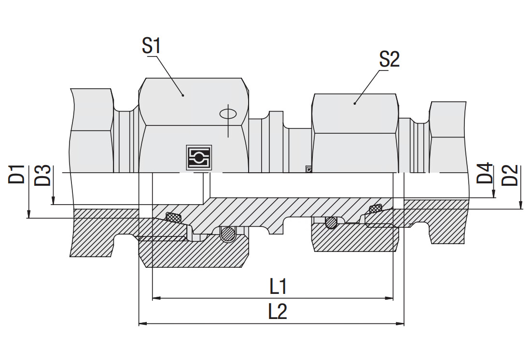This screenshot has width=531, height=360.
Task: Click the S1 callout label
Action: tap(151, 46)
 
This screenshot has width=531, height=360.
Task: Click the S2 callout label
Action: tap(389, 59)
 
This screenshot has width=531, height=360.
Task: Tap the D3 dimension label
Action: tap(43, 175)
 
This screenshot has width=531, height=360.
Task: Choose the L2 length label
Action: tap(278, 312)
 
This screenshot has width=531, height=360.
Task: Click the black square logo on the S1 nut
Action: tap(199, 157)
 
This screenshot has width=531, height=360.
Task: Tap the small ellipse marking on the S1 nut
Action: tap(227, 113)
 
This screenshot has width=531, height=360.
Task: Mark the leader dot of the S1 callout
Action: tap(183, 95)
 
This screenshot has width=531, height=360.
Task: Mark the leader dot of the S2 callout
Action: tap(355, 102)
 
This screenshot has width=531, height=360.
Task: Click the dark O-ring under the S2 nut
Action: tap(331, 222)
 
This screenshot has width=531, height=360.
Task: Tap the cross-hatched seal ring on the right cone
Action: tap(375, 208)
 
